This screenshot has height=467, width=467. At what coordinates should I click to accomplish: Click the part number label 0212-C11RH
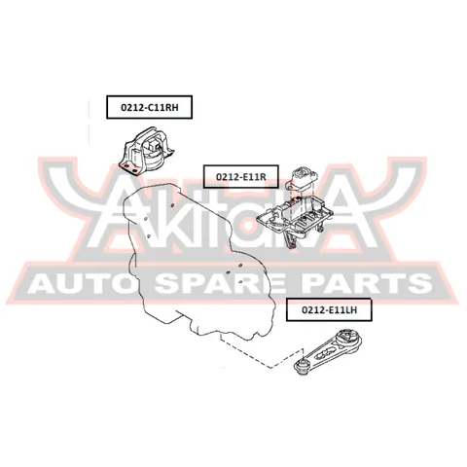(150, 107)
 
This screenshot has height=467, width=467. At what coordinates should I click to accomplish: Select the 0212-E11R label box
(241, 176)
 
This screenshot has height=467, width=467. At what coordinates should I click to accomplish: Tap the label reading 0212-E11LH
(329, 309)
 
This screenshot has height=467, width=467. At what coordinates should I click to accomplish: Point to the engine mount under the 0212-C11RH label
(147, 152)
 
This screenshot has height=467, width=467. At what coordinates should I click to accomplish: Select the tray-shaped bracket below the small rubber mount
(294, 215)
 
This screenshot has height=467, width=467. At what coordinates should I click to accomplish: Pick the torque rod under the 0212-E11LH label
(327, 352)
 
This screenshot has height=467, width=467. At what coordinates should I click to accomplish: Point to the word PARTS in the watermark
(371, 283)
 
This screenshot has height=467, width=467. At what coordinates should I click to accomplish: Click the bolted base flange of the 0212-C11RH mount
(130, 168)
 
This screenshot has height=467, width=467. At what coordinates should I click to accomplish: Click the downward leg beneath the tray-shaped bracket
(290, 240)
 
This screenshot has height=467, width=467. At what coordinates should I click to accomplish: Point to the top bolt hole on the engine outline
(172, 204)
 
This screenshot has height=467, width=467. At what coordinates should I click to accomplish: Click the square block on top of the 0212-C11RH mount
(153, 143)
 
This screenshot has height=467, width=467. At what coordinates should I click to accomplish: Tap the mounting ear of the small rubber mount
(289, 186)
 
